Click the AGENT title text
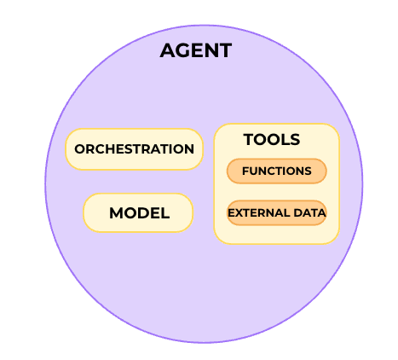tap(196, 50)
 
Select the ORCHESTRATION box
tap(135, 149)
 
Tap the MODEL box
tap(138, 212)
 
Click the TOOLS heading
tap(272, 139)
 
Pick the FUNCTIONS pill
tap(277, 171)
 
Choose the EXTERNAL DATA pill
tap(277, 212)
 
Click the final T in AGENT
tap(225, 50)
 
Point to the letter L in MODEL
tap(165, 213)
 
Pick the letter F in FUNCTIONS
tap(245, 171)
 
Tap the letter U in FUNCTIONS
tap(254, 171)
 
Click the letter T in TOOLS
tap(249, 139)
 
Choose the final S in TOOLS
tap(295, 139)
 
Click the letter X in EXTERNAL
tap(238, 212)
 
